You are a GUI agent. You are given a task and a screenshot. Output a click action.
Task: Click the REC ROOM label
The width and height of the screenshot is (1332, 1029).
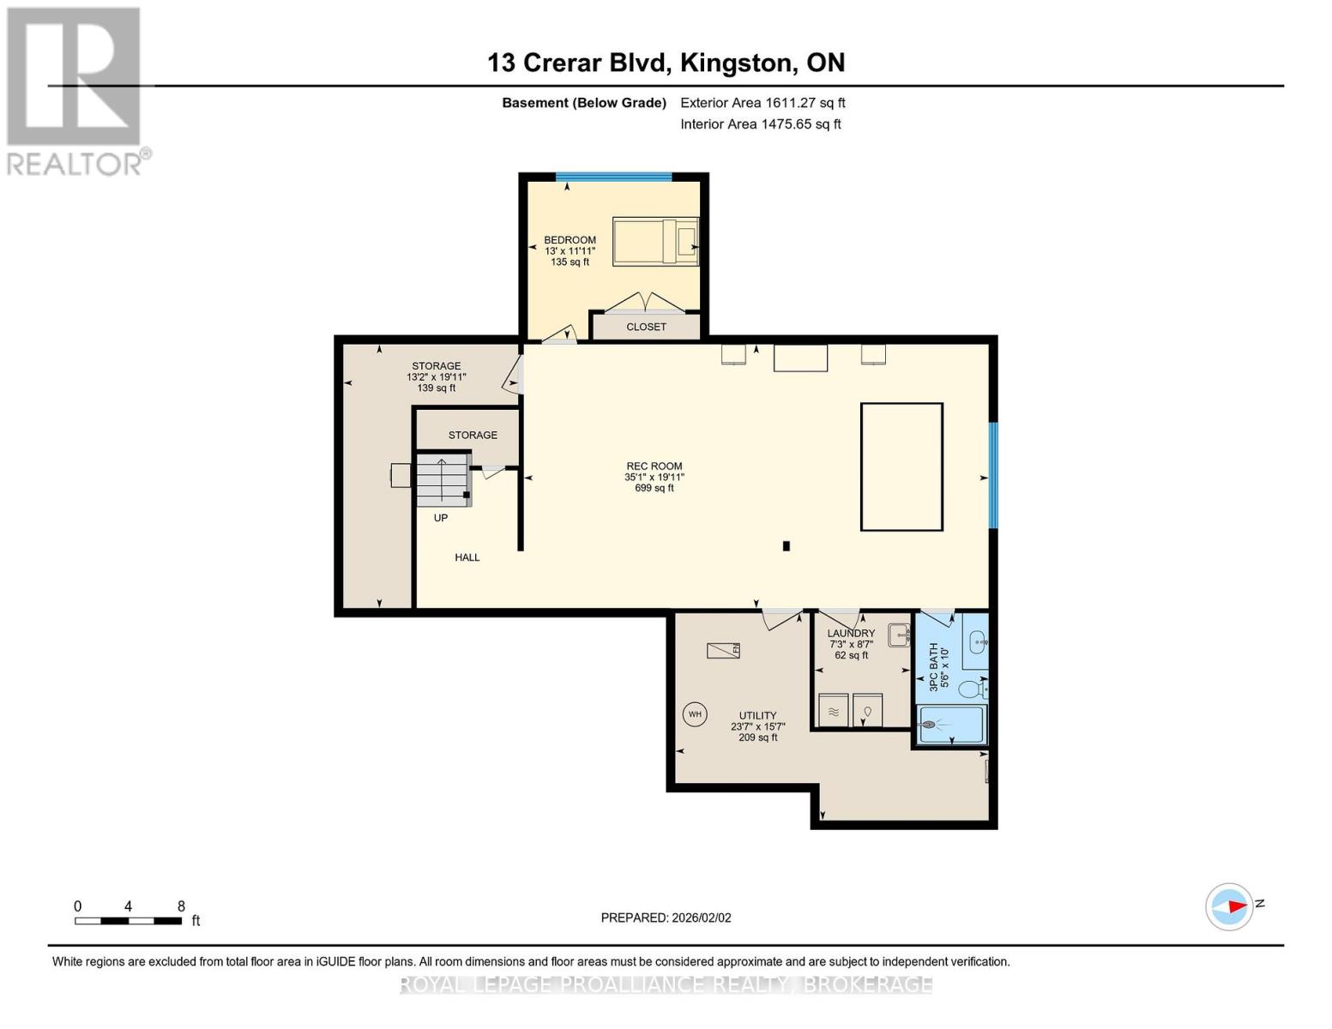click(654, 466)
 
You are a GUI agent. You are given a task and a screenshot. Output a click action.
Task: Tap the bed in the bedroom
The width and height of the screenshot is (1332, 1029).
click(654, 241)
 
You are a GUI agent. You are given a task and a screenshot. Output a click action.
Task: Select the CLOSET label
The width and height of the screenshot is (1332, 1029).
click(646, 327)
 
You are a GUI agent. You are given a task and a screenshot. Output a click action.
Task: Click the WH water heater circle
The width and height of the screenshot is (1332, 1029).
click(694, 713)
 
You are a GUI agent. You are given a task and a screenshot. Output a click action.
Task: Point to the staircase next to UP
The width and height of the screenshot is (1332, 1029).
click(443, 479)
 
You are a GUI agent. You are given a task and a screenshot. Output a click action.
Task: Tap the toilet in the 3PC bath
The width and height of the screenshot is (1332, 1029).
click(972, 689)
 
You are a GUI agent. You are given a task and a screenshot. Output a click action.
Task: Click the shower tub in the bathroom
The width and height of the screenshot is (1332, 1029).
click(951, 725)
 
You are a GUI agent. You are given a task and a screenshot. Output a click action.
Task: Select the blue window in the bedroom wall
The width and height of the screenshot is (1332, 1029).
click(613, 178)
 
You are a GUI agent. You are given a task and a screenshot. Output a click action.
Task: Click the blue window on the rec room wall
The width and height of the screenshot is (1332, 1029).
click(993, 475)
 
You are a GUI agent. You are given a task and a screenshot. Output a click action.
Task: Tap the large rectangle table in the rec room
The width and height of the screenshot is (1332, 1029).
click(901, 466)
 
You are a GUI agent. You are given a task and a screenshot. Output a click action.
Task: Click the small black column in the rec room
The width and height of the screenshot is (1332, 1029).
click(786, 545)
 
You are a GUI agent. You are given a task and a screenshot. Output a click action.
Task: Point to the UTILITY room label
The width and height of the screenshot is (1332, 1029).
click(757, 715)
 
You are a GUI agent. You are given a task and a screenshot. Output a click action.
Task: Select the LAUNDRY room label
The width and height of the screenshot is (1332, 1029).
click(851, 633)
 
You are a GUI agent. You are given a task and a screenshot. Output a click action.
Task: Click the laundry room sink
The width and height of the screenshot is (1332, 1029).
click(898, 635)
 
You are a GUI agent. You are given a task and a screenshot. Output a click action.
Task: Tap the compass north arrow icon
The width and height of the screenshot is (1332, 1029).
click(1229, 906)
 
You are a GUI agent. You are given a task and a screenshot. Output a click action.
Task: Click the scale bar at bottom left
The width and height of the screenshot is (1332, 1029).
click(128, 921)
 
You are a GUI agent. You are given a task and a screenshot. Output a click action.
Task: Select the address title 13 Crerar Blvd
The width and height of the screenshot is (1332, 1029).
click(666, 63)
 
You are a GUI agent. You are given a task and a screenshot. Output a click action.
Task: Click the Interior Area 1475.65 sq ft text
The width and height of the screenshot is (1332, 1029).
click(760, 124)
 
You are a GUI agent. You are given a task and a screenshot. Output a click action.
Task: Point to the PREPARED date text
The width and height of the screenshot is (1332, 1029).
click(666, 918)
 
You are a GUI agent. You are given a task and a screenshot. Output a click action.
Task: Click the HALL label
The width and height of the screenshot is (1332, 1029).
click(467, 557)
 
